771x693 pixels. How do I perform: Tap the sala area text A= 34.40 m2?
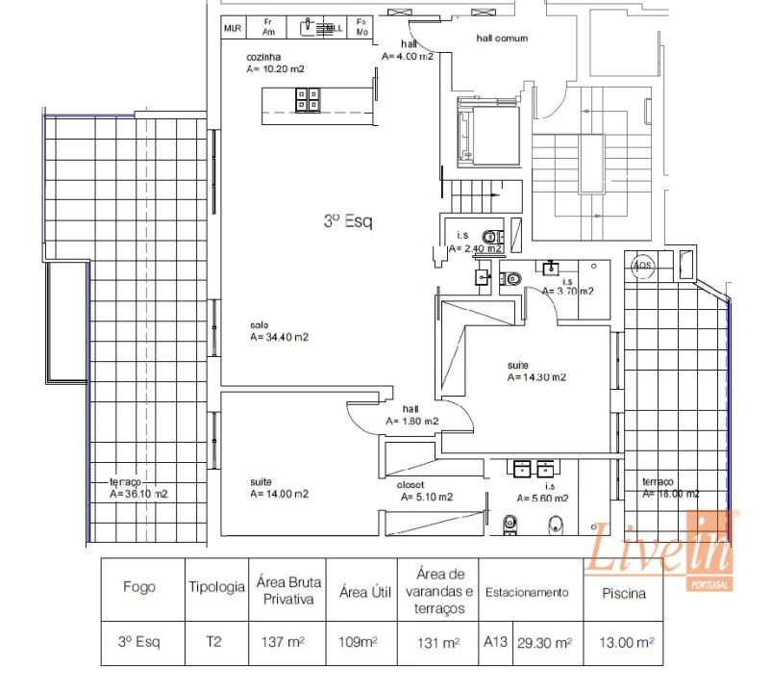(279, 338)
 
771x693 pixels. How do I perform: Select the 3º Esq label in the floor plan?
(348, 221)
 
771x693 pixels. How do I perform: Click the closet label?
(410, 484)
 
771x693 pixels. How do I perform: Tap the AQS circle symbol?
(640, 266)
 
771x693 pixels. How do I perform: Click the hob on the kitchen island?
(308, 100)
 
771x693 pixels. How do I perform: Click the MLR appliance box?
(232, 29)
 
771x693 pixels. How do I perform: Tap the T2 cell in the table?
(216, 641)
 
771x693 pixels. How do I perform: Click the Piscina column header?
(623, 593)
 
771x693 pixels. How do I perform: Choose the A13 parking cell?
(495, 641)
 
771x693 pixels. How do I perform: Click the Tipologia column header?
(216, 587)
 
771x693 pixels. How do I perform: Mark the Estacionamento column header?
(527, 593)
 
